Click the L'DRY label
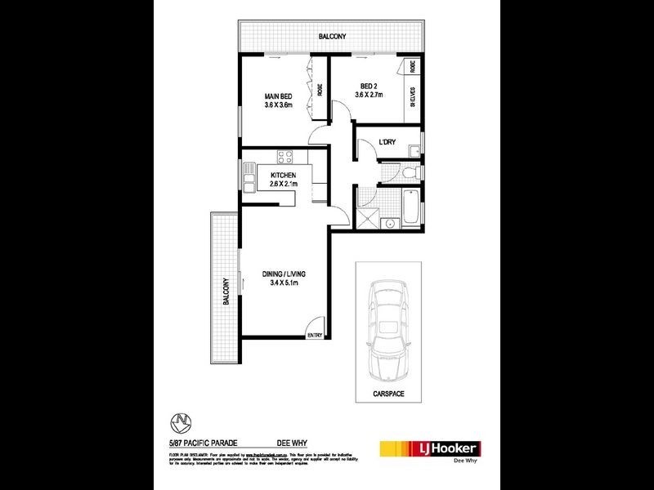tap(387, 143)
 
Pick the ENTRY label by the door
tap(315, 334)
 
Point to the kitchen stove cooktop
tap(284, 156)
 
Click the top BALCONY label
tap(332, 37)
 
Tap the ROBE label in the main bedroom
tap(319, 90)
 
